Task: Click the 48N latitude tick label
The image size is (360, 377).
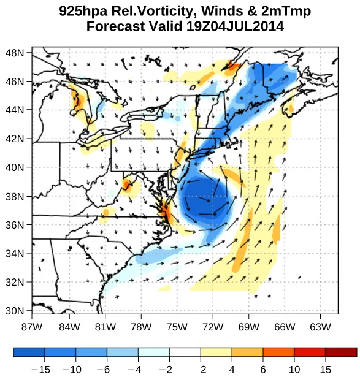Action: click(15, 53)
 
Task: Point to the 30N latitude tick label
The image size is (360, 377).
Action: click(15, 311)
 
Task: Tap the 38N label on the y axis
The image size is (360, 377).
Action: click(15, 196)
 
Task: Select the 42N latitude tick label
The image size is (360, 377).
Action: click(15, 139)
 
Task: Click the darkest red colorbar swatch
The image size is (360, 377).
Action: click(341, 352)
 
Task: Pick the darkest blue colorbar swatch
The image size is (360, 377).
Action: click(29, 352)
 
